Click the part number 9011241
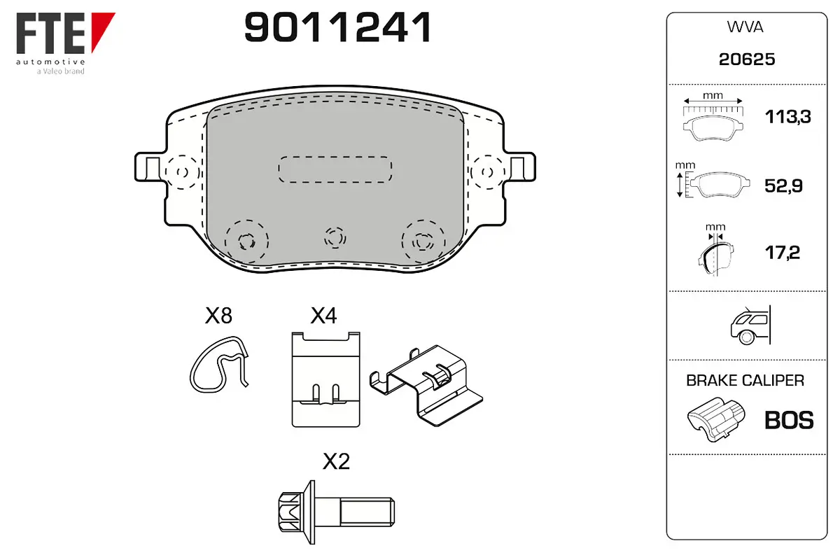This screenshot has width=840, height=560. (x=337, y=27)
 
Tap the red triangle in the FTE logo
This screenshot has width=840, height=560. (x=101, y=27)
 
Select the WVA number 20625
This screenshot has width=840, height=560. (x=747, y=59)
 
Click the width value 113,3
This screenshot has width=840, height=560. (x=788, y=117)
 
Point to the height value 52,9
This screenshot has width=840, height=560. (x=783, y=185)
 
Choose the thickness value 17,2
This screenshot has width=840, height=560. (x=783, y=253)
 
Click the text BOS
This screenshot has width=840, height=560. (x=789, y=420)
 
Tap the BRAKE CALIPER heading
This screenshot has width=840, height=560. (x=745, y=380)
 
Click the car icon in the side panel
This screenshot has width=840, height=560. (x=750, y=325)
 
